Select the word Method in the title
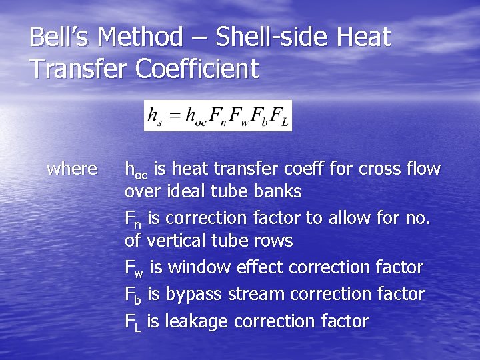tap(140, 37)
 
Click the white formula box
tap(218, 116)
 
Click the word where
tap(72, 169)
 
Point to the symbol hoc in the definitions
tap(136, 170)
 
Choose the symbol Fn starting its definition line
tap(133, 219)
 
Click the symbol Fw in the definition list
tap(133, 269)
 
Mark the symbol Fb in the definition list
tap(133, 295)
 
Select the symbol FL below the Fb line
tap(133, 322)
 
